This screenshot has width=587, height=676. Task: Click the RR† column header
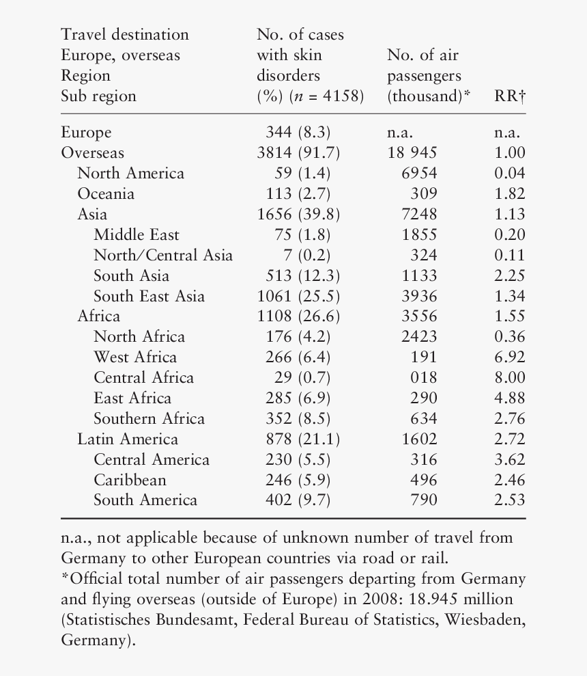(509, 96)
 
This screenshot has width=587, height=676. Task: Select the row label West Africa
(135, 357)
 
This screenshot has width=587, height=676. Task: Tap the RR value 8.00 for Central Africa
(509, 378)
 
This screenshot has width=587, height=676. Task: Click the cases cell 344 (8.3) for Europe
(298, 133)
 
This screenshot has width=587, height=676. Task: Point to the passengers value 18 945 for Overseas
(412, 153)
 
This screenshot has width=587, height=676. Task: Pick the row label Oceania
(106, 194)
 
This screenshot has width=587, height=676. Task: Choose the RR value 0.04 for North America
(509, 174)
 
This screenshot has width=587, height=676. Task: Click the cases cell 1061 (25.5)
(298, 296)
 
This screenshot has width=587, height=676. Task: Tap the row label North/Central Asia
(163, 256)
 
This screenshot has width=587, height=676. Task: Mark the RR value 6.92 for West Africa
(509, 357)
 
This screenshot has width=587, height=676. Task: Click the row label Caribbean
(130, 480)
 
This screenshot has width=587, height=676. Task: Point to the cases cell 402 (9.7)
(298, 500)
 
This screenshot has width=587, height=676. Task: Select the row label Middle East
(137, 235)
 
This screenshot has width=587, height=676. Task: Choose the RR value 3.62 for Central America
(509, 459)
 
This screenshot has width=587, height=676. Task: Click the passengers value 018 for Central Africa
(423, 378)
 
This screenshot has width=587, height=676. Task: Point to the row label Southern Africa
(149, 418)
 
